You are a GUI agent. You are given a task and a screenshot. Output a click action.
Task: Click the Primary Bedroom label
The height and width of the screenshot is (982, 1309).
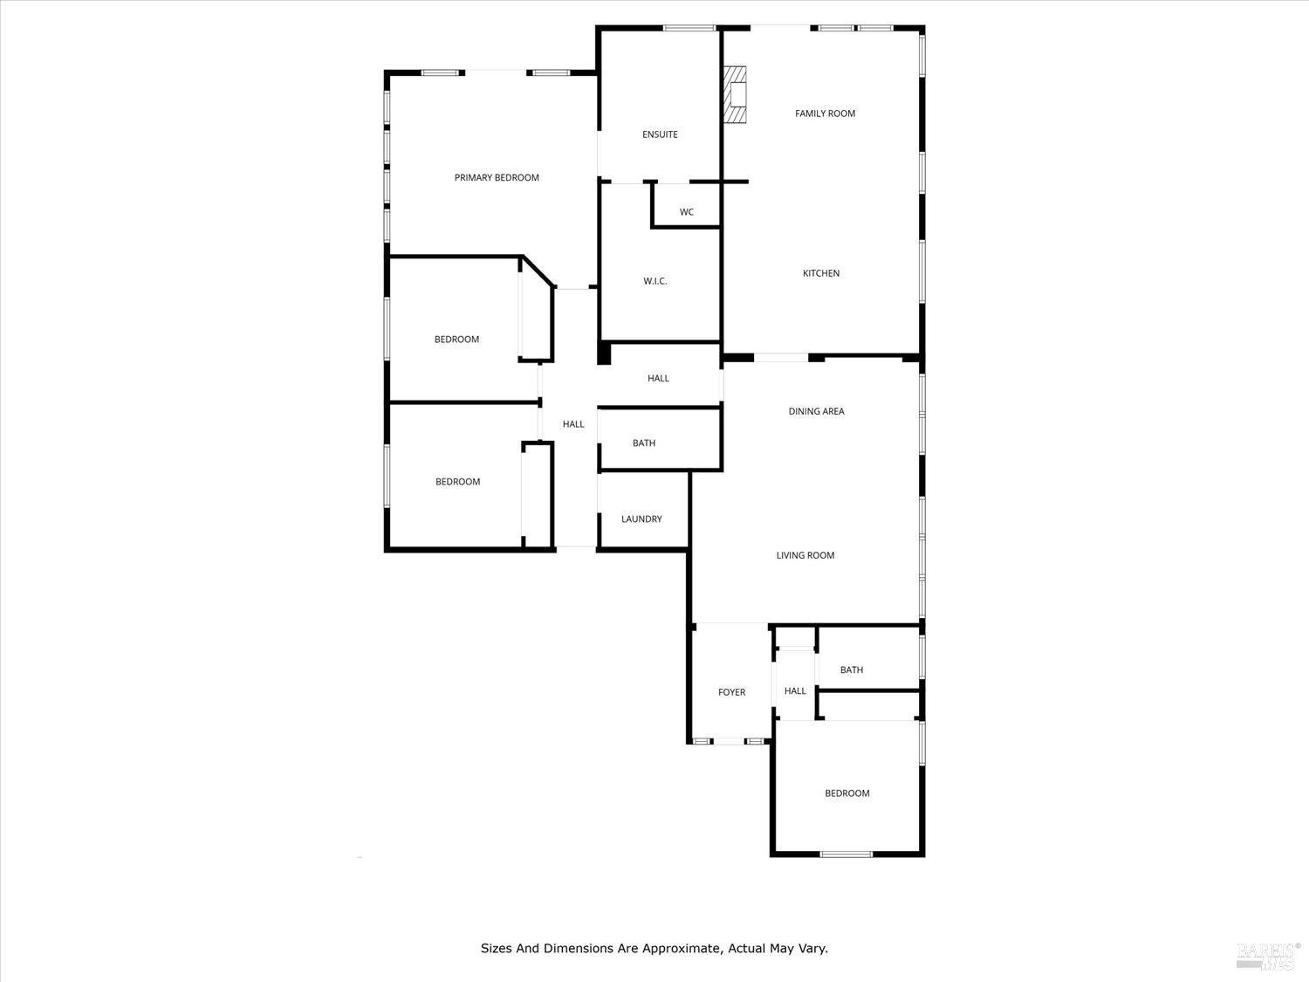pyautogui.click(x=497, y=178)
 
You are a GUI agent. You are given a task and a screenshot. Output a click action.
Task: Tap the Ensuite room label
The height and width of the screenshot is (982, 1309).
pyautogui.click(x=660, y=134)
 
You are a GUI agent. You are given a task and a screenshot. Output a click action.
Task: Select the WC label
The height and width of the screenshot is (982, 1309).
pyautogui.click(x=687, y=212)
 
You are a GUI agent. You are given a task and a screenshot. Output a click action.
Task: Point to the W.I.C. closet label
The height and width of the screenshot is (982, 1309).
pyautogui.click(x=654, y=281)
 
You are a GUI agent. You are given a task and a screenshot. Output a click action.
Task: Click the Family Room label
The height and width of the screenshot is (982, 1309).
pyautogui.click(x=825, y=113)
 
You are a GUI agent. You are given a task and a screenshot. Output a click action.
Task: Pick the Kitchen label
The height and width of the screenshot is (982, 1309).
pyautogui.click(x=821, y=273)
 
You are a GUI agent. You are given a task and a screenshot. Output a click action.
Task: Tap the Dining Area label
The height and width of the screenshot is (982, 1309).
pyautogui.click(x=816, y=411)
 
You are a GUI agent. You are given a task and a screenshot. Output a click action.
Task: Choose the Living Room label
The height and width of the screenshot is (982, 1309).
pyautogui.click(x=805, y=555)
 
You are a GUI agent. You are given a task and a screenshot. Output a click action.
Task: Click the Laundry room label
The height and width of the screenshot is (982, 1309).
pyautogui.click(x=641, y=519)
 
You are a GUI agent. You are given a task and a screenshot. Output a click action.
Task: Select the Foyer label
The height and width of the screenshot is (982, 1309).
pyautogui.click(x=731, y=692)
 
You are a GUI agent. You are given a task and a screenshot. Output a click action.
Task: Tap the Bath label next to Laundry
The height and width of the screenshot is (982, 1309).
pyautogui.click(x=644, y=443)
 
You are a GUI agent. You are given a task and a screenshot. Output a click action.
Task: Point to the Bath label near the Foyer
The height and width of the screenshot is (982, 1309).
pyautogui.click(x=851, y=670)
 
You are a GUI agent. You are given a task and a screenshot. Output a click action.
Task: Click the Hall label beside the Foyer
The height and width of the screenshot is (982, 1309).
pyautogui.click(x=795, y=691)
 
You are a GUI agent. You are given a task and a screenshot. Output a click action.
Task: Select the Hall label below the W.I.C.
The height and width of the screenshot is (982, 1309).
pyautogui.click(x=658, y=378)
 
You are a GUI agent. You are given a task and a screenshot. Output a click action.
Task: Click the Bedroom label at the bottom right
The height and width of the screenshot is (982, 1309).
pyautogui.click(x=846, y=793)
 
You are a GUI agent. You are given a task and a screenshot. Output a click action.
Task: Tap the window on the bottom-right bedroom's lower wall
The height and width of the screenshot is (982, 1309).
pyautogui.click(x=846, y=854)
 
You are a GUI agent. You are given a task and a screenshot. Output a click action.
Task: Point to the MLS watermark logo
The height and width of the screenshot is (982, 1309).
pyautogui.click(x=1268, y=956)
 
